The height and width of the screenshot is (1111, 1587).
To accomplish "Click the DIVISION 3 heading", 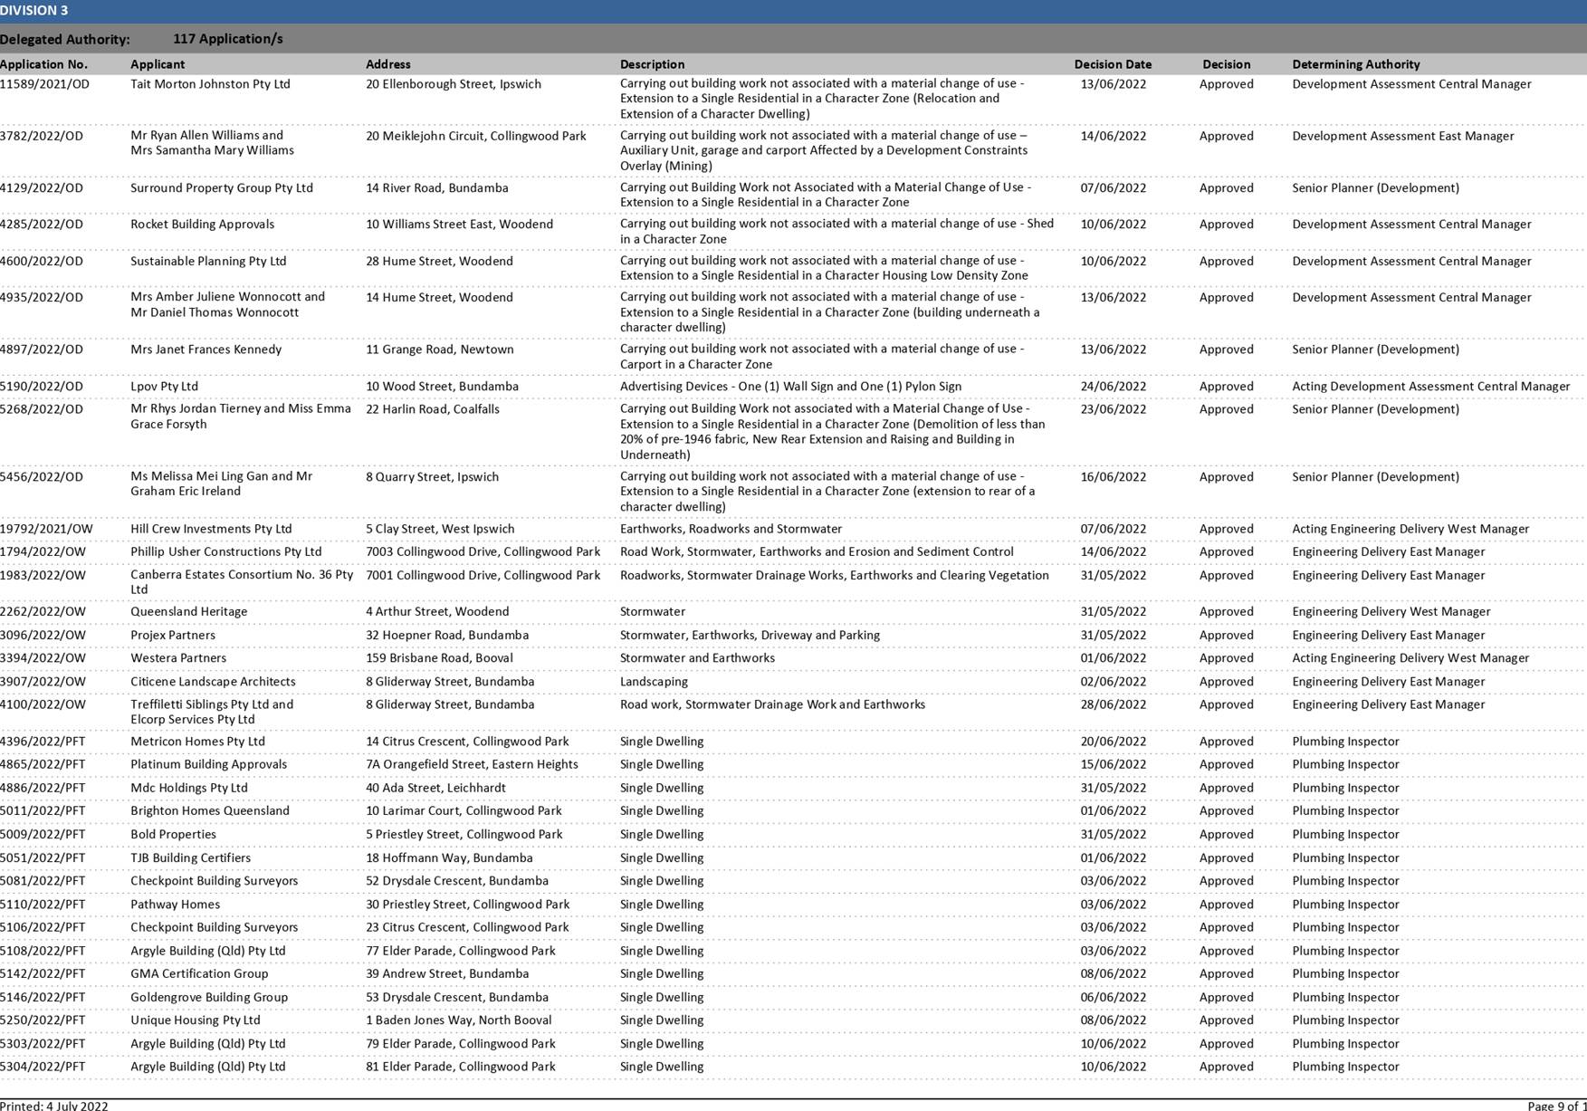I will point(34,11).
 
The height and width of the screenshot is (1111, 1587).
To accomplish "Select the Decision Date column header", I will point(1113,64).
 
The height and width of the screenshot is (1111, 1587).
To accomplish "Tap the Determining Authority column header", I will point(1355,64).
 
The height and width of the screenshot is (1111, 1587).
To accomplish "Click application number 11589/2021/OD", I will point(44,84).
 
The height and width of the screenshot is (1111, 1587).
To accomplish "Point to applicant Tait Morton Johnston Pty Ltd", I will point(210,84).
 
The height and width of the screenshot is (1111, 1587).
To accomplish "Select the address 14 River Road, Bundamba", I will point(436,188).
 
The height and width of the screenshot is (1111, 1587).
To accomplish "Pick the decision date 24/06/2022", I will point(1113,387).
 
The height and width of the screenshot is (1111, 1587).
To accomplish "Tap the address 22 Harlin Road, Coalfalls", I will point(432,409).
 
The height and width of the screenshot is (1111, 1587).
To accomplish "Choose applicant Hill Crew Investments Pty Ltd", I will point(211,529).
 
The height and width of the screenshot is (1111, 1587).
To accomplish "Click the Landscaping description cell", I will point(654,682).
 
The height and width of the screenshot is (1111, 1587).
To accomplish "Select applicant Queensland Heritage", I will point(188,612).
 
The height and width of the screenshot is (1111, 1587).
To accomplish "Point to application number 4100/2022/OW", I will point(43,704).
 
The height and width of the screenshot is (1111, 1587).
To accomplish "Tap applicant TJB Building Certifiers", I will point(190,858).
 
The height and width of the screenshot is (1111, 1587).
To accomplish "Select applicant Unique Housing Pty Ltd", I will point(195,1020).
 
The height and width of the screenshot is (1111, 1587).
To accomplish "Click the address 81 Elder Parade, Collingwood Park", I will point(460,1067).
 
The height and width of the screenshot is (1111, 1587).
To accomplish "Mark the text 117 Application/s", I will point(227,39).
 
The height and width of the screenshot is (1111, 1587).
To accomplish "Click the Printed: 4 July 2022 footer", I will point(54,1106).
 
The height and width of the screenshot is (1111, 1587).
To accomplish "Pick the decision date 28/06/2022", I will point(1113,704).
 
